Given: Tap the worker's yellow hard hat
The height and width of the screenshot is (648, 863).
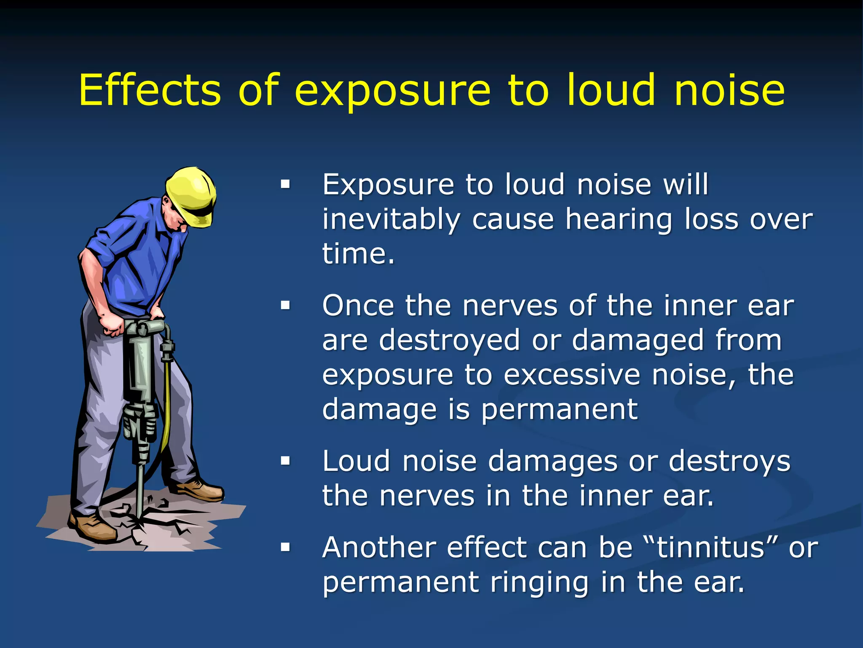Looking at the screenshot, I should tap(192, 194).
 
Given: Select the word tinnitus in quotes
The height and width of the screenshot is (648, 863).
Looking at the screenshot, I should tap(711, 548).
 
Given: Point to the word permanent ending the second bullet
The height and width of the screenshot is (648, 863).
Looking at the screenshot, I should tap(559, 409).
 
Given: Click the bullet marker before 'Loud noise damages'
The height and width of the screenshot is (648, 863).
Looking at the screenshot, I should tap(286, 461).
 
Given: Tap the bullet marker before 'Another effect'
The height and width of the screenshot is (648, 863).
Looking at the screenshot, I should tap(286, 548).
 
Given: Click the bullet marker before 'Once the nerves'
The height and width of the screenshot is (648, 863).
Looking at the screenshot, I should tap(286, 305).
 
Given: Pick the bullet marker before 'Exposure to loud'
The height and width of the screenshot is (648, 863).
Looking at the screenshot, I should tap(286, 184).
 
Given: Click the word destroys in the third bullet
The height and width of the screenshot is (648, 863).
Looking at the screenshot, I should tap(729, 461).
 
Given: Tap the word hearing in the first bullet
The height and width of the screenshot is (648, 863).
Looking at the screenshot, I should tap(619, 220).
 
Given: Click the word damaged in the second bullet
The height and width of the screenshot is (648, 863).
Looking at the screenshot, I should tap(638, 340).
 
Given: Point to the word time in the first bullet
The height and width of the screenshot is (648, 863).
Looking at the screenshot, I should tap(354, 254).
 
